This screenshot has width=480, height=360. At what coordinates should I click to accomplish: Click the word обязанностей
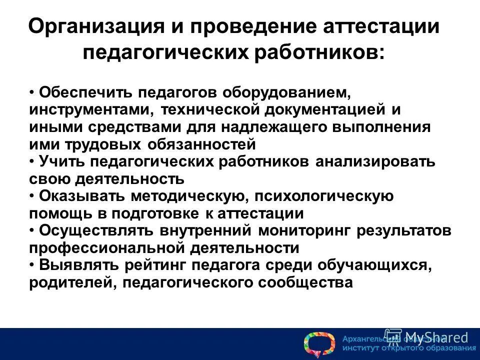coord(201,144)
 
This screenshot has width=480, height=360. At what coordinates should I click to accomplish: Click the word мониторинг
coord(305,230)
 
